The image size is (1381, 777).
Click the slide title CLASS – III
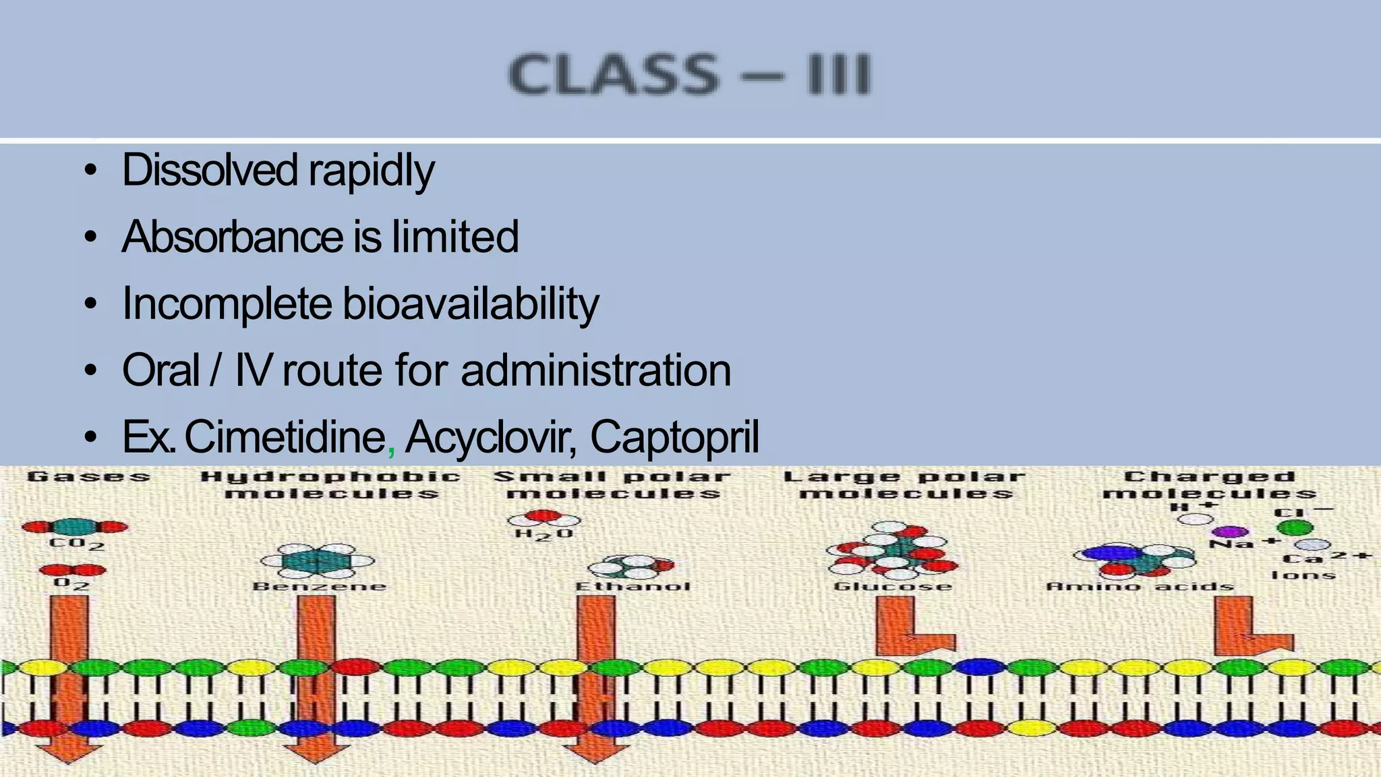point(689,74)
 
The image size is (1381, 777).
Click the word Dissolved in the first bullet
point(210,170)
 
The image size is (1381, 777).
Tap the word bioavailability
point(470,304)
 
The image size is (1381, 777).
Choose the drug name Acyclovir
point(490,437)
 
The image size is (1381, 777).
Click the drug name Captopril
point(674,437)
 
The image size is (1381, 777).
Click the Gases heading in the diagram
point(88,477)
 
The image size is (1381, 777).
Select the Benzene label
point(319,586)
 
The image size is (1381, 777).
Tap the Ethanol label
point(633,586)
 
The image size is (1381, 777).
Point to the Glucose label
point(893,586)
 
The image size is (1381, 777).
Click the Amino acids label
point(1140,586)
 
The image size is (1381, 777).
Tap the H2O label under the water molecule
point(543,534)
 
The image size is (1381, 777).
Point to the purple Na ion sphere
point(1231,532)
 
